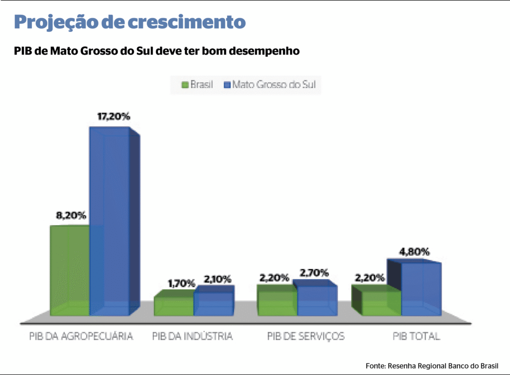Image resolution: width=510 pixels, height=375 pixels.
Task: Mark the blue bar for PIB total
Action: pyautogui.click(x=421, y=288)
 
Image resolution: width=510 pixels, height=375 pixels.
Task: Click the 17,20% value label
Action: pyautogui.click(x=114, y=116)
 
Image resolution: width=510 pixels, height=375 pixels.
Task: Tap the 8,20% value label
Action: pyautogui.click(x=71, y=216)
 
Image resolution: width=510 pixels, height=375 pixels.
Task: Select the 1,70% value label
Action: pyautogui.click(x=181, y=283)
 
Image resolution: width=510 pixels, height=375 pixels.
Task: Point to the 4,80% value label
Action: pyautogui.click(x=414, y=252)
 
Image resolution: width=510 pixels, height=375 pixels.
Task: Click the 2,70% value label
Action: pyautogui.click(x=314, y=273)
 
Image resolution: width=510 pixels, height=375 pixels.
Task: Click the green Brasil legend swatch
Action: pyautogui.click(x=185, y=85)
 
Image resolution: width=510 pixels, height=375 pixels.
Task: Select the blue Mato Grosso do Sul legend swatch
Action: pyautogui.click(x=228, y=85)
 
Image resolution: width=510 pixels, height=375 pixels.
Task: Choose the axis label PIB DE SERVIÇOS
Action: pyautogui.click(x=306, y=337)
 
